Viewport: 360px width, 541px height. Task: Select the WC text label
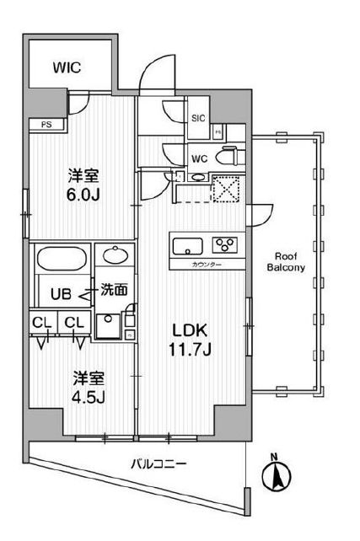[199, 157]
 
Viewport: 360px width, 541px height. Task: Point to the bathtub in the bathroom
[61, 259]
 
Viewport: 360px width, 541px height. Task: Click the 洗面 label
[114, 289]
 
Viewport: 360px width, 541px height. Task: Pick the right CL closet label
[73, 323]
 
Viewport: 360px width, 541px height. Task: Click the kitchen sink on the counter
[186, 246]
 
